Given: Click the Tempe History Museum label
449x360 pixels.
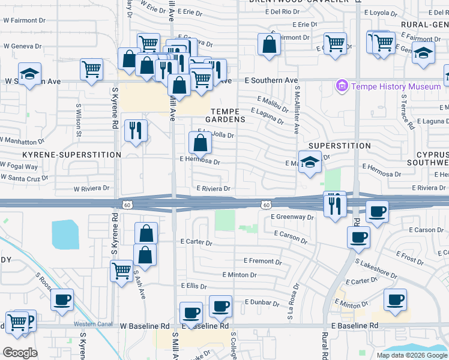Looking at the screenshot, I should pyautogui.click(x=396, y=86).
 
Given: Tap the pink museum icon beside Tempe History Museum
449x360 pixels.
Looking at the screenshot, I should pyautogui.click(x=343, y=86).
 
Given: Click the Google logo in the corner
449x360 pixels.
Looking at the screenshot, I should pyautogui.click(x=20, y=353).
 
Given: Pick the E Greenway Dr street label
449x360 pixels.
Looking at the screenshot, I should pyautogui.click(x=292, y=217).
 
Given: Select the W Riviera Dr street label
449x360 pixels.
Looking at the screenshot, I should pyautogui.click(x=91, y=188).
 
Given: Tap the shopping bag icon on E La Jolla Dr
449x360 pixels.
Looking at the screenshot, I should pyautogui.click(x=200, y=143).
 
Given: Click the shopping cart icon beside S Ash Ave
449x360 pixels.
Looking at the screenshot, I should pyautogui.click(x=122, y=271).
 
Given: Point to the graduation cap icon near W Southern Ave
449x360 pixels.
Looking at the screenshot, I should pyautogui.click(x=29, y=74).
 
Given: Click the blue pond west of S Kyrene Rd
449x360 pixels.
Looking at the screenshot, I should pyautogui.click(x=65, y=235).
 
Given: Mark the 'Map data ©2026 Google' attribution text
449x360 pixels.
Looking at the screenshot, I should pyautogui.click(x=412, y=355).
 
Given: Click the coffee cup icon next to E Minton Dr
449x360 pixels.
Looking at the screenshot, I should pyautogui.click(x=394, y=301).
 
